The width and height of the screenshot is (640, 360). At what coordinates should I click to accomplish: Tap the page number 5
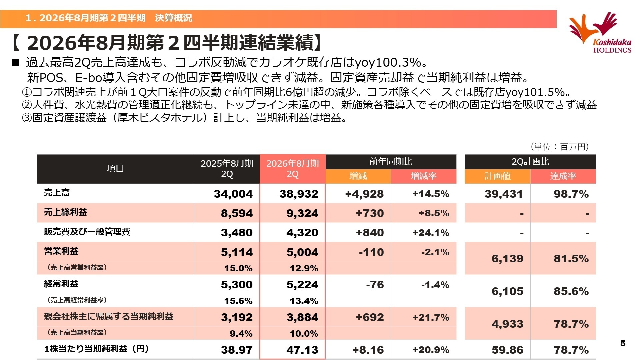(x=623, y=343)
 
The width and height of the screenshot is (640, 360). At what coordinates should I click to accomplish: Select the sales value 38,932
(x=299, y=194)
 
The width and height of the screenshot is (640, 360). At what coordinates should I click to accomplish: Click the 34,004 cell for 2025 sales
(x=233, y=194)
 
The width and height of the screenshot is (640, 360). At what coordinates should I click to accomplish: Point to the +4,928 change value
(x=364, y=194)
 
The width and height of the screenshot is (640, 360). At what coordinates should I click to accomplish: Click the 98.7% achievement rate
(x=571, y=194)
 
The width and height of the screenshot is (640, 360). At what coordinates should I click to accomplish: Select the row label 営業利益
(x=61, y=251)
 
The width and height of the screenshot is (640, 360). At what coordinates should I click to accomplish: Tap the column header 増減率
(x=423, y=176)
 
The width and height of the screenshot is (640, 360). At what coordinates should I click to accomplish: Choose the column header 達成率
(x=563, y=176)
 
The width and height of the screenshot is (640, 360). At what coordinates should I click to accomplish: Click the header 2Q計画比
(x=530, y=162)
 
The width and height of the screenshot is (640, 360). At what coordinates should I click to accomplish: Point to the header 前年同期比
(x=391, y=162)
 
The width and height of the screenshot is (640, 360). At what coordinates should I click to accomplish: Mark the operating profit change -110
(x=371, y=252)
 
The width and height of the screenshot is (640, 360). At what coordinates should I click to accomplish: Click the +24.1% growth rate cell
(x=431, y=233)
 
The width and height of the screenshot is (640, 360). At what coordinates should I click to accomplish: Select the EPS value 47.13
(x=302, y=350)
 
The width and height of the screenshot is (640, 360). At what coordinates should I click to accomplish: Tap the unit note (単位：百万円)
(x=560, y=147)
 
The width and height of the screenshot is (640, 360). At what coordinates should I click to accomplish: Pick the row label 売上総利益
(x=65, y=212)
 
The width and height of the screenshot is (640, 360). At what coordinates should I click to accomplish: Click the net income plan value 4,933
(x=507, y=324)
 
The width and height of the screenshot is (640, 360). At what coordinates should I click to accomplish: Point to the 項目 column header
(x=115, y=168)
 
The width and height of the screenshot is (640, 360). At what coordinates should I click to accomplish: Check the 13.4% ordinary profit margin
(x=304, y=301)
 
